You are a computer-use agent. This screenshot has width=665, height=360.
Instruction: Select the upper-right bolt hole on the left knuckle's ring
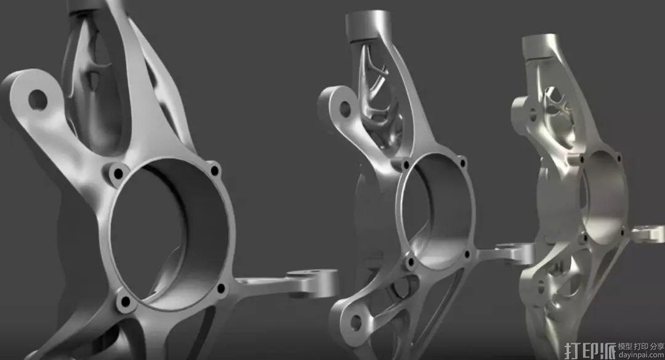(215, 171)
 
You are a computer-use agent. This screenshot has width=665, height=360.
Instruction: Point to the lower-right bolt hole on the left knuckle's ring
(221, 289)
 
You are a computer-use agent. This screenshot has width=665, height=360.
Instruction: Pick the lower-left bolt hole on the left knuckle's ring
(126, 302)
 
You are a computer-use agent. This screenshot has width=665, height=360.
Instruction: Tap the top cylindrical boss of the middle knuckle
(367, 25)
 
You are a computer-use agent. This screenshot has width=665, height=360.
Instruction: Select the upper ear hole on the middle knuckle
(345, 109)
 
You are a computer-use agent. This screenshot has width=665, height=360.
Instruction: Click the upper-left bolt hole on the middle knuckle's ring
(406, 164)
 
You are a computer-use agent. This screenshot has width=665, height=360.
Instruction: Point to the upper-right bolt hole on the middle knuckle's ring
(462, 162)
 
